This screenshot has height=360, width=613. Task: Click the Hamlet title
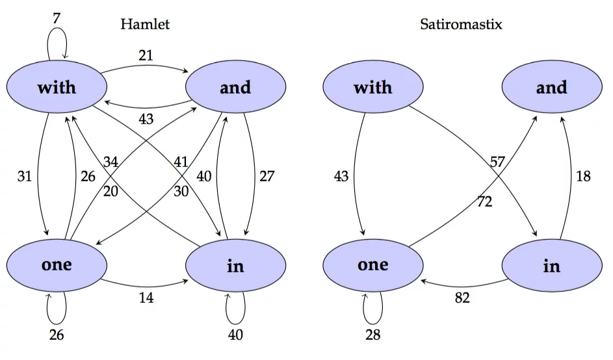145,25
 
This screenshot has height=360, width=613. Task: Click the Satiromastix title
461,25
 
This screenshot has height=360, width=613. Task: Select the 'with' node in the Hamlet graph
57,87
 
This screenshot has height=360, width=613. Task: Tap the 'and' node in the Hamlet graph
235,87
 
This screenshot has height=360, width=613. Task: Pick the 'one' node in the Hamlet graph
57,264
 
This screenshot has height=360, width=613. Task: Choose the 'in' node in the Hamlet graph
235,266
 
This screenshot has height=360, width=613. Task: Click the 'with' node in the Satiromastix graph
373,87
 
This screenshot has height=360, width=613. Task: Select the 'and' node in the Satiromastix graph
551,87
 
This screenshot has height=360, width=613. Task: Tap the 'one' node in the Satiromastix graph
373,264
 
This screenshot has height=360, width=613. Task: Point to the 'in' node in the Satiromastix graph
551,266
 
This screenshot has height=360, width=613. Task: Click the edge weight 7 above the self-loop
57,18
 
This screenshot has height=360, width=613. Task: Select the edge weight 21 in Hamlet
146,55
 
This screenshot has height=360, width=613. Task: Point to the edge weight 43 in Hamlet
146,120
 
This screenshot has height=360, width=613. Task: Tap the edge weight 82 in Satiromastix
462,298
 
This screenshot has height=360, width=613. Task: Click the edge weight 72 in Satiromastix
484,202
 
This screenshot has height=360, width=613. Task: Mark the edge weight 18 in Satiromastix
583,176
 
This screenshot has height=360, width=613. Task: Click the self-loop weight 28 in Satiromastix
372,335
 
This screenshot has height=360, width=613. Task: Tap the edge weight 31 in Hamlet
25,176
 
